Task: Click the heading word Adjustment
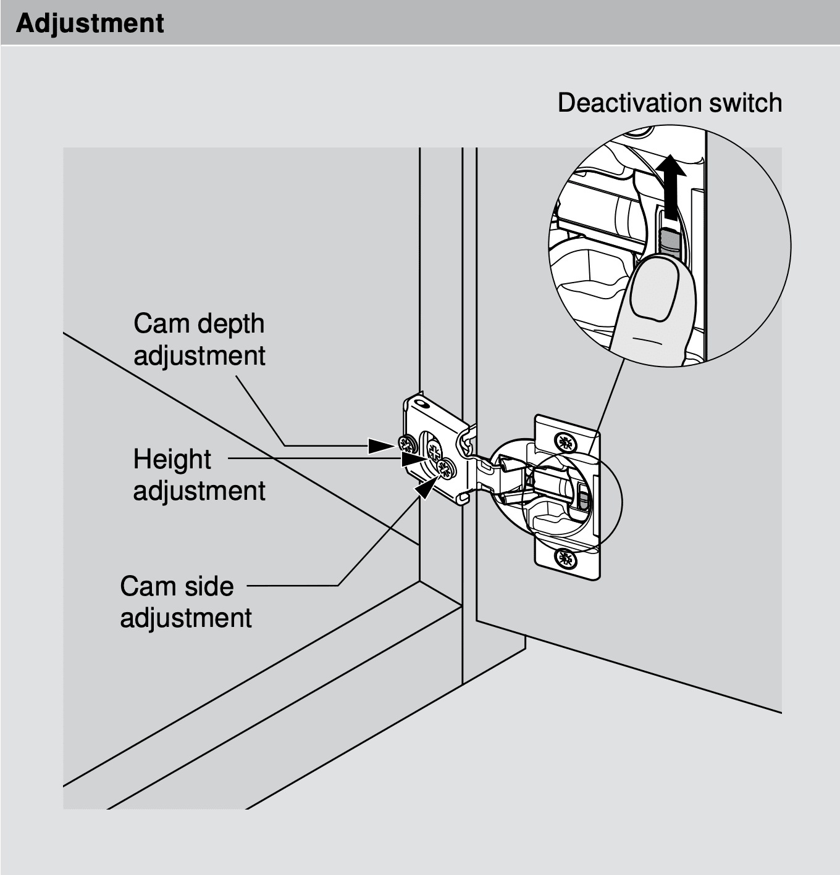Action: pyautogui.click(x=90, y=23)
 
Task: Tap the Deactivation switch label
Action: pyautogui.click(x=670, y=102)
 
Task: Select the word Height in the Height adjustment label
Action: pyautogui.click(x=172, y=459)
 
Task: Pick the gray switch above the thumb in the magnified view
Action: pyautogui.click(x=668, y=241)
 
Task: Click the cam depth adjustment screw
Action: pyautogui.click(x=406, y=443)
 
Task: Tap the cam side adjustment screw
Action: pyautogui.click(x=445, y=469)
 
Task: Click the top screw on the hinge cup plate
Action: pyautogui.click(x=564, y=442)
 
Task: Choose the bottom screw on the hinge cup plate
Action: pyautogui.click(x=564, y=558)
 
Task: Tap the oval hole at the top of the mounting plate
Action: pyautogui.click(x=422, y=404)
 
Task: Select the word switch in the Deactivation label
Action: pyautogui.click(x=745, y=102)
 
